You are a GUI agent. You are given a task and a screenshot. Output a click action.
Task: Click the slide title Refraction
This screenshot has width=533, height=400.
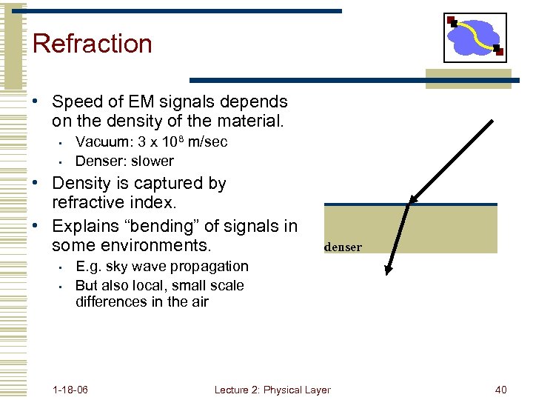(x=92, y=44)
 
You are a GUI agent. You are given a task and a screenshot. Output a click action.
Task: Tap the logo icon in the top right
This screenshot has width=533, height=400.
(x=475, y=38)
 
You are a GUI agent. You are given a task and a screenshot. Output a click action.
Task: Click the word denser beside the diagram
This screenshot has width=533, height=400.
(x=343, y=247)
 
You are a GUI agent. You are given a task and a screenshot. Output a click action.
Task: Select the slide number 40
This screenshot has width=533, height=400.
(x=500, y=390)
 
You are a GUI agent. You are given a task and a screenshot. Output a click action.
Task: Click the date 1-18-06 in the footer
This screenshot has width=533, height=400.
(x=71, y=390)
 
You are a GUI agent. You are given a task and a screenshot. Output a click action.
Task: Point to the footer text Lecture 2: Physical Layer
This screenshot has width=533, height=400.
(x=272, y=390)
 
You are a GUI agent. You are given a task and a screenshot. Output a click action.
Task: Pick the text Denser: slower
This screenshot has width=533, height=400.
(x=124, y=161)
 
